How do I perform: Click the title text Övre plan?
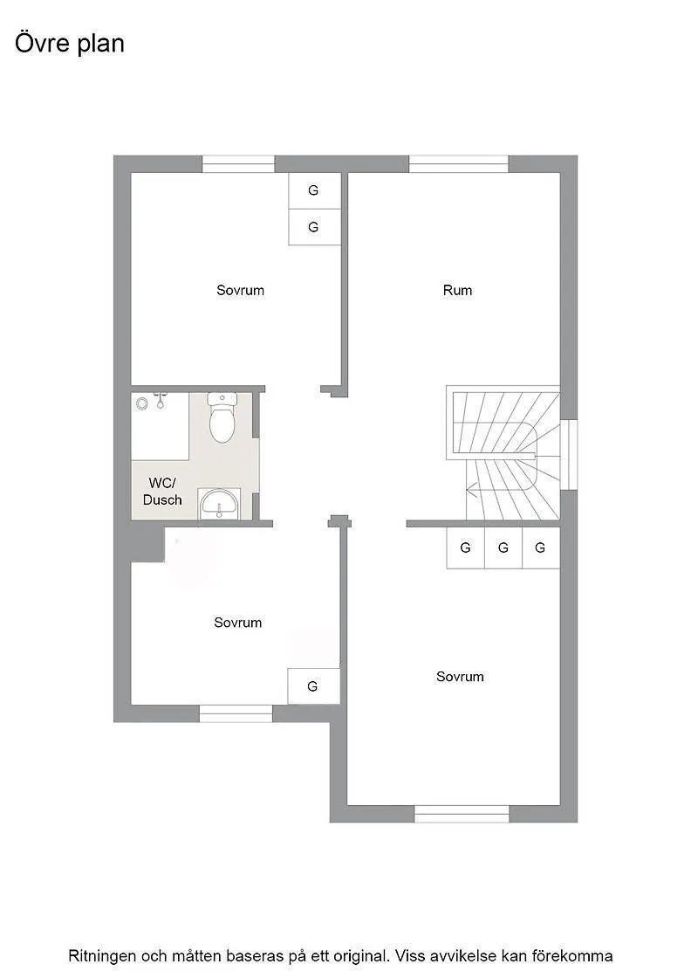[70, 43]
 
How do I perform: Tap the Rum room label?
[457, 290]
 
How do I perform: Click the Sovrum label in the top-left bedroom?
[240, 290]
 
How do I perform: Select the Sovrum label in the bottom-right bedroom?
[460, 677]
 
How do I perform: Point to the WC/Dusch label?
[162, 492]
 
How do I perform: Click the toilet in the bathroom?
[222, 418]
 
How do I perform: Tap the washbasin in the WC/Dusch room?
[217, 505]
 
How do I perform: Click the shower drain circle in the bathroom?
[142, 403]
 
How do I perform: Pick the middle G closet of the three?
[503, 548]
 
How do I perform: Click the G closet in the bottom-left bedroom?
[313, 686]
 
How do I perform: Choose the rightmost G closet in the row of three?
[541, 548]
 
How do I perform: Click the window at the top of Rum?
[458, 164]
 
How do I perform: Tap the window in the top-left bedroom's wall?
[238, 164]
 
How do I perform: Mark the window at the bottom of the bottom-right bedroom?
[462, 814]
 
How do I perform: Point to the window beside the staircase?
[568, 455]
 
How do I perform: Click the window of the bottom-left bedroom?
[236, 713]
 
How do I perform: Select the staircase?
[502, 454]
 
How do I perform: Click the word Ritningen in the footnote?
[103, 956]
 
